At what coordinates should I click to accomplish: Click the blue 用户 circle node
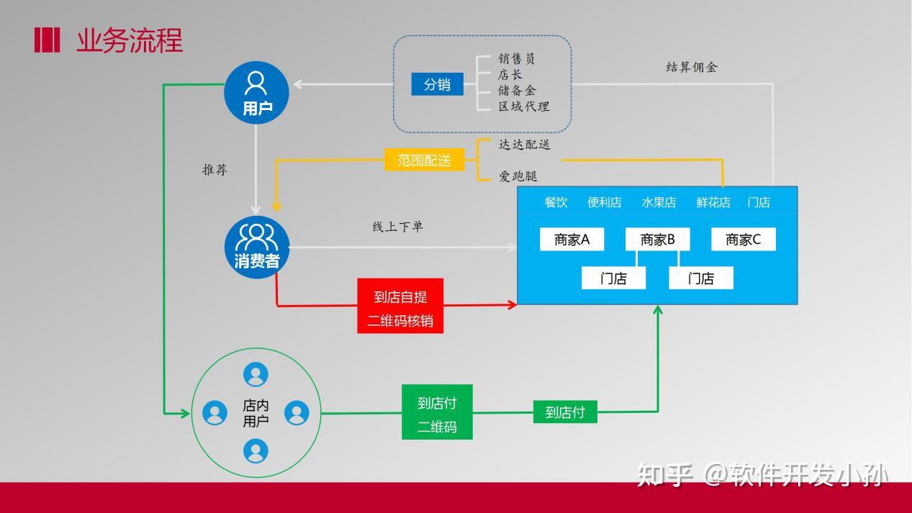pos(256,91)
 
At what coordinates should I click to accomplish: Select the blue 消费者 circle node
pos(256,247)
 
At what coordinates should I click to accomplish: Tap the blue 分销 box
pos(437,84)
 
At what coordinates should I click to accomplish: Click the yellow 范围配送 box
pos(425,160)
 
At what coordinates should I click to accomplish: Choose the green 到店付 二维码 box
pos(437,412)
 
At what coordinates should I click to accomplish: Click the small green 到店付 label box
pos(565,412)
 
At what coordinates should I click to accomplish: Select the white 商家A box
pos(572,240)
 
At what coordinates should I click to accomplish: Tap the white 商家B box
pos(657,240)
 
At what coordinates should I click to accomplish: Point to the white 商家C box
pos(743,240)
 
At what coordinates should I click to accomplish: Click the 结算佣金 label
pos(692,67)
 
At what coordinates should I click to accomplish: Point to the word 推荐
pos(215,171)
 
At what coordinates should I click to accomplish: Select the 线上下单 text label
pos(397,227)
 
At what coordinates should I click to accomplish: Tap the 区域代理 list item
pos(524,106)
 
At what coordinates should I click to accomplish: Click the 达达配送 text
pos(525,145)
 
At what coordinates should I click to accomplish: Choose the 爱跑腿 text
pos(518,176)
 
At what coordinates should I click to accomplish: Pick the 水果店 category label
pos(659,202)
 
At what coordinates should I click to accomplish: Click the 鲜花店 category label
pos(713,202)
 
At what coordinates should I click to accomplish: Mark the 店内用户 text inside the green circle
pos(256,413)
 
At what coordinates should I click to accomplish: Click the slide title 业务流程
pos(130,40)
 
